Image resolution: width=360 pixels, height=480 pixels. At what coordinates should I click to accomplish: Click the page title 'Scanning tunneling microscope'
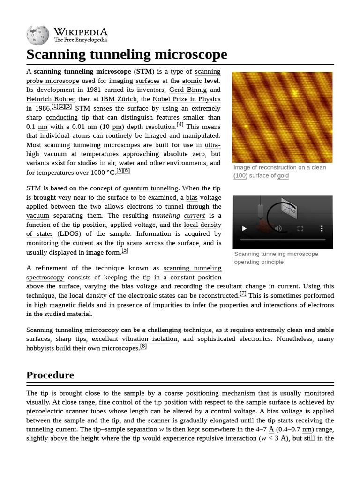tap(127, 54)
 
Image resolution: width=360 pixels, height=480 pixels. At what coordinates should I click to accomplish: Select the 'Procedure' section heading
tap(50, 375)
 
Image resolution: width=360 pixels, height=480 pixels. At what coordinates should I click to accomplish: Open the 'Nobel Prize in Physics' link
tap(187, 99)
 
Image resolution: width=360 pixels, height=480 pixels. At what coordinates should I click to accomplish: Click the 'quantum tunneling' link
tap(150, 188)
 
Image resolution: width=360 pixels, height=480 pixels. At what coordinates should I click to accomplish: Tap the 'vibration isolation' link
tap(150, 339)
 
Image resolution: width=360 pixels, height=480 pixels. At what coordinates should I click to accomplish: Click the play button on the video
tap(244, 228)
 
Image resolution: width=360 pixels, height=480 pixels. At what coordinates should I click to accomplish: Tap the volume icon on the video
tap(278, 228)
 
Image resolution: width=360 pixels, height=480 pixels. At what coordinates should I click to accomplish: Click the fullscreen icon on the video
tap(300, 228)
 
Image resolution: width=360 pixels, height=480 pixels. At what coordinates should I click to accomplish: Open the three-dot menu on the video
tap(322, 228)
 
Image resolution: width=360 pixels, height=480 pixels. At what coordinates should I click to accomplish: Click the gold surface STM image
tap(282, 117)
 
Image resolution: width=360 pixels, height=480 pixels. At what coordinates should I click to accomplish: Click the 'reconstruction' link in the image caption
tap(277, 167)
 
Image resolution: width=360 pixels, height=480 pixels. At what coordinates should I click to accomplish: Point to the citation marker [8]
tap(143, 347)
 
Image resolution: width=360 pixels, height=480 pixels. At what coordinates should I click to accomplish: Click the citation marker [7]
tap(243, 293)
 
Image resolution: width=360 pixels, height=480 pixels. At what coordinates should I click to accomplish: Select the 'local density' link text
tap(202, 225)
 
